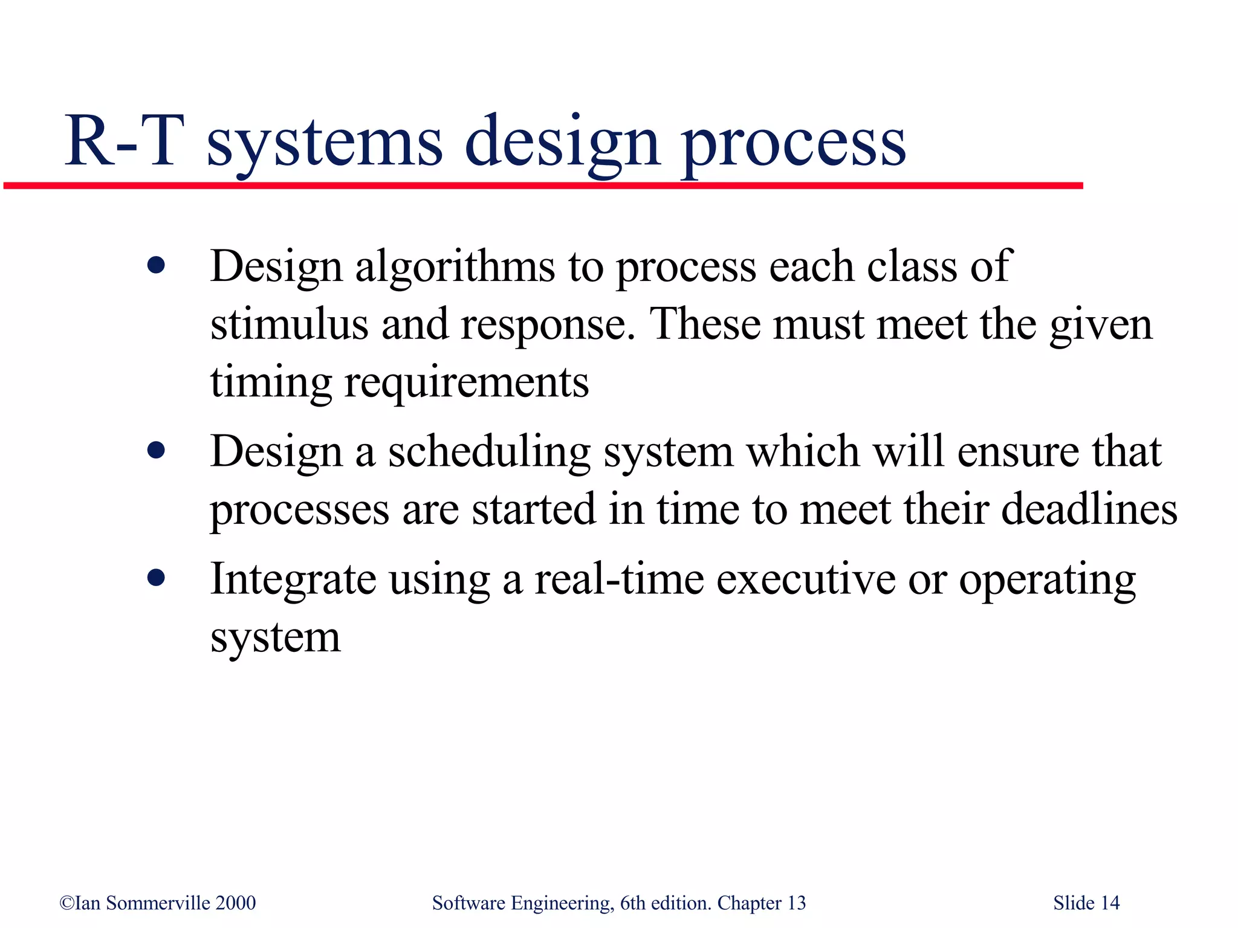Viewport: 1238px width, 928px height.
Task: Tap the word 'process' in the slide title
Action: click(793, 145)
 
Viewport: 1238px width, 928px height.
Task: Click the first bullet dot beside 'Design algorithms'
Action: click(156, 266)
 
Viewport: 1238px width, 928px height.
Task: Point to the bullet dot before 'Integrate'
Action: click(156, 578)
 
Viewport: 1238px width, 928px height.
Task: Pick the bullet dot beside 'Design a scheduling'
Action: click(156, 451)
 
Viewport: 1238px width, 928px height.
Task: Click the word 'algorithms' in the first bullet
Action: click(455, 266)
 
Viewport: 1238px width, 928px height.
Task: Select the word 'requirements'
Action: click(466, 383)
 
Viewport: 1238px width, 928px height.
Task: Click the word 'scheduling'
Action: click(489, 452)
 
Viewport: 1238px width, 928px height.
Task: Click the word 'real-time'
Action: click(620, 579)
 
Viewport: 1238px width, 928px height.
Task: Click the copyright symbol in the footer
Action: click(66, 903)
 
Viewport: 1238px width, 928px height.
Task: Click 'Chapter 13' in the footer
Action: click(761, 903)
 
